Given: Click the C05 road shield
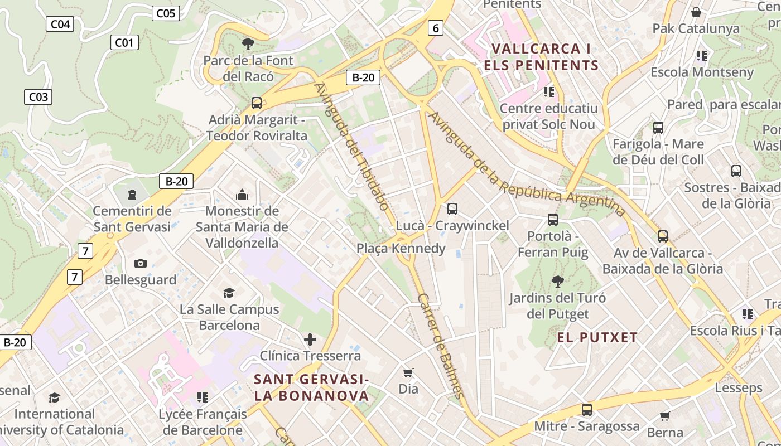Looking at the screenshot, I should (x=166, y=13).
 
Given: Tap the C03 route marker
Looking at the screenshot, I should (x=38, y=97).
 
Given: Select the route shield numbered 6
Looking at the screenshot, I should (x=436, y=28).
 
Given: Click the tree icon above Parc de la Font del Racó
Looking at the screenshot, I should (x=248, y=43).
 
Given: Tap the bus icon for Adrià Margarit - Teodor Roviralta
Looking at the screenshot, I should (x=257, y=103).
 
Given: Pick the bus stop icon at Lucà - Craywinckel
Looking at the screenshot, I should (x=452, y=209).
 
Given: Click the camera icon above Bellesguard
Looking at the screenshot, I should (x=141, y=263).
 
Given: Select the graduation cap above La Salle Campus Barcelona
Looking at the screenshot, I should (x=229, y=293).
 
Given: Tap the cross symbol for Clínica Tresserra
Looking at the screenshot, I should (x=310, y=339).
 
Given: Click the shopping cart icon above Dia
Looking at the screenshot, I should (x=408, y=372).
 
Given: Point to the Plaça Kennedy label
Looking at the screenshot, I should (x=401, y=248).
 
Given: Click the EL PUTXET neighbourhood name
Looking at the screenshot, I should (x=597, y=337).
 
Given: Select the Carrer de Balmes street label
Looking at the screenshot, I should (x=441, y=346).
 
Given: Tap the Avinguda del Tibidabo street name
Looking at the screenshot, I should (x=351, y=146).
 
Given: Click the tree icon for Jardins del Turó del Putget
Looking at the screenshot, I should (x=557, y=281).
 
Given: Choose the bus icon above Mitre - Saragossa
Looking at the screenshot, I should (x=587, y=410).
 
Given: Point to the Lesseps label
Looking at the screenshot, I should (x=738, y=387).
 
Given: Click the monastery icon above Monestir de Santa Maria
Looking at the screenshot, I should (x=242, y=195).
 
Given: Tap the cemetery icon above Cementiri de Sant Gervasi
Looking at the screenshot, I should (x=132, y=195).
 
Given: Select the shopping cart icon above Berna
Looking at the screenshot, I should (x=664, y=416).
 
